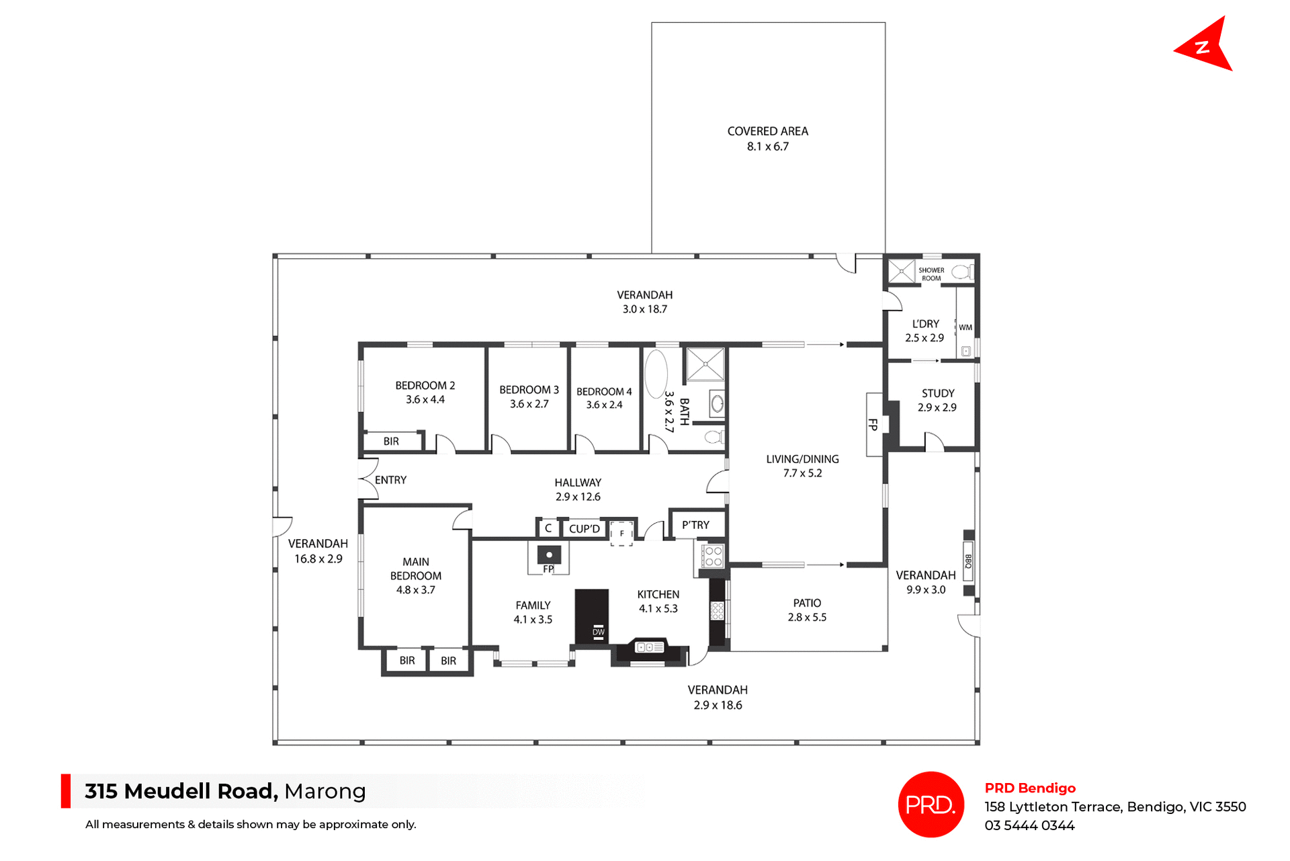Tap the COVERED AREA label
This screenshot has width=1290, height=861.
(x=767, y=131)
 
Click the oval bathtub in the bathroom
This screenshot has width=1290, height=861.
(x=656, y=374)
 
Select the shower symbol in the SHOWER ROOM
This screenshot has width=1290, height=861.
(x=901, y=272)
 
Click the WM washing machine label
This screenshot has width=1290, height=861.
(x=965, y=327)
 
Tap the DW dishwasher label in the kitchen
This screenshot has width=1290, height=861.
(x=598, y=632)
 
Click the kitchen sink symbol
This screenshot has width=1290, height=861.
(x=649, y=647)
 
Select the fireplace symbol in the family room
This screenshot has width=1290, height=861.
(x=549, y=555)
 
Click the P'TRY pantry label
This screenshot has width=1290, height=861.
(x=695, y=525)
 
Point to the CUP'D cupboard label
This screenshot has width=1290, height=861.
(x=584, y=529)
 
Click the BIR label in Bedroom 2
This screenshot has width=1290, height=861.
(x=391, y=442)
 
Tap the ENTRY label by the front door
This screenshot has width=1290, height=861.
(x=390, y=480)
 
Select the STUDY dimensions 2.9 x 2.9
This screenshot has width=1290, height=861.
(x=937, y=407)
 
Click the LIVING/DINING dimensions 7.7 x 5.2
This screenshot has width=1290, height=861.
(x=802, y=473)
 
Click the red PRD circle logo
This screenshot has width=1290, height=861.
(x=931, y=804)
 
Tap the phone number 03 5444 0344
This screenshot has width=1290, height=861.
(x=1029, y=825)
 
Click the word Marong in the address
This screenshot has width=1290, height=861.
(x=325, y=791)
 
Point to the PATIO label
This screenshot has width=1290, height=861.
(x=807, y=603)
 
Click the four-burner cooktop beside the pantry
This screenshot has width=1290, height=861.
(x=712, y=556)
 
